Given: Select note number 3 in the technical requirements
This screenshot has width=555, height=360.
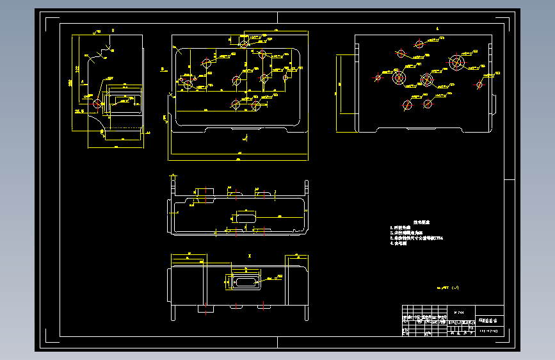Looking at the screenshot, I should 417,238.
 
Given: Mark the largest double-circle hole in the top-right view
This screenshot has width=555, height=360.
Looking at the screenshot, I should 457,63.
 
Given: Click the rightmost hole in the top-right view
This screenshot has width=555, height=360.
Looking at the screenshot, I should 479,85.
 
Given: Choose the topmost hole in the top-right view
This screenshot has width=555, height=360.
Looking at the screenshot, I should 419,44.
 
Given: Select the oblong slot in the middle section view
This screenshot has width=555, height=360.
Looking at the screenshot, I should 246,217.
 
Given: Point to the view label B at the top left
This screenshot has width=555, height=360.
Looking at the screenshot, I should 113,31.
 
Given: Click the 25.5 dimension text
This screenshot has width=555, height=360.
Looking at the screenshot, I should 79,111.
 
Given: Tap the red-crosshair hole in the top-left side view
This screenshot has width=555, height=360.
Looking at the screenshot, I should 97,103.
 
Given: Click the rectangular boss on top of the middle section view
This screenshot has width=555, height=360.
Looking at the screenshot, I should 205,193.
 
